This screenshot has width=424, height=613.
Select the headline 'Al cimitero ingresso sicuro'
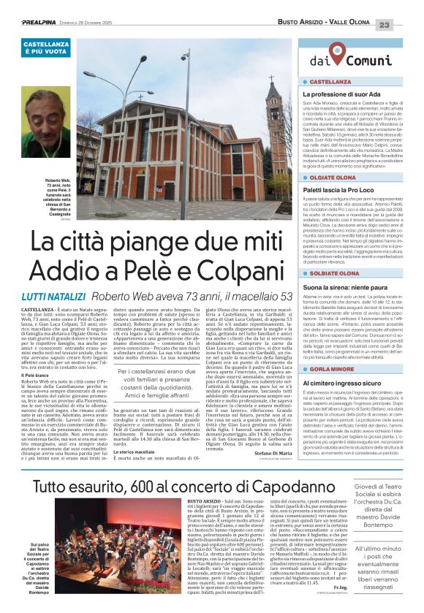tap(343, 382)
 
